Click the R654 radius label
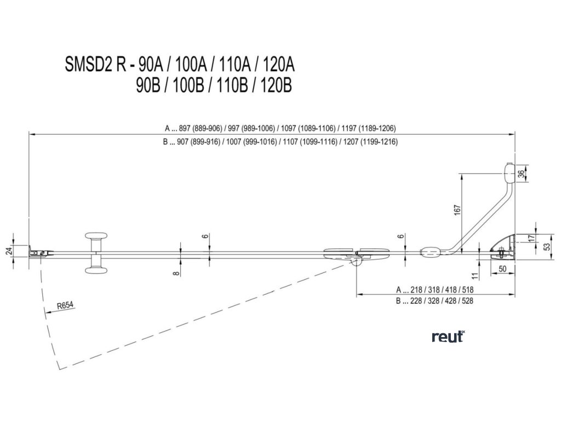pyautogui.click(x=65, y=306)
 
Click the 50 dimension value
pyautogui.click(x=502, y=268)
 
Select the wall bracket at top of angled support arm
pyautogui.click(x=510, y=173)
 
